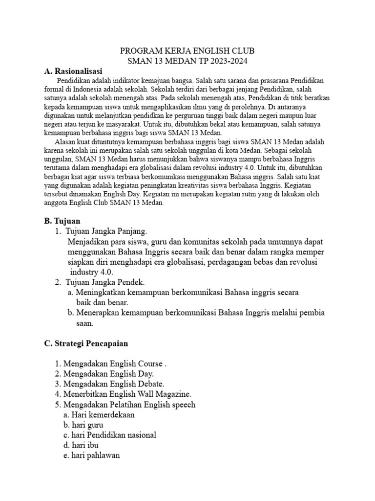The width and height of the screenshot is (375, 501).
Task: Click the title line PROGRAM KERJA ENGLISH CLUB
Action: pyautogui.click(x=187, y=51)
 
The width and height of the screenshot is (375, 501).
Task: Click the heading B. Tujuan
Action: pyautogui.click(x=62, y=221)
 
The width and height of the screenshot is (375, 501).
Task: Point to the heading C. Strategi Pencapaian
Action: pyautogui.click(x=86, y=343)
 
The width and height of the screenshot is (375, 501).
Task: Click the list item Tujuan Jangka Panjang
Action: pyautogui.click(x=105, y=231)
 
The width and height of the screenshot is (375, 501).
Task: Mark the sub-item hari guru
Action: pyautogui.click(x=84, y=425)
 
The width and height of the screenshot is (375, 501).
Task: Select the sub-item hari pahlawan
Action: pyautogui.click(x=95, y=455)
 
